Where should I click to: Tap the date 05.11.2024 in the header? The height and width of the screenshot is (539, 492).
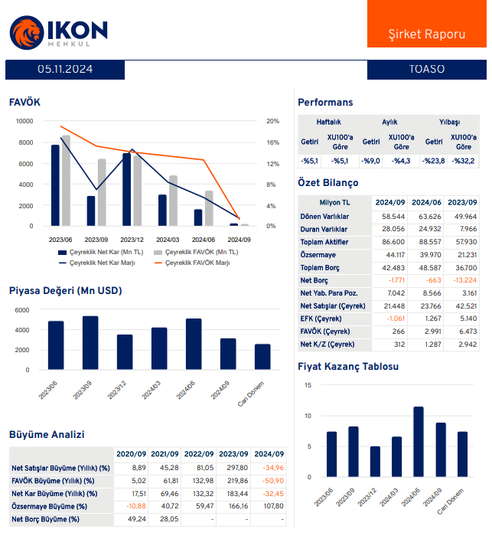coord(65,70)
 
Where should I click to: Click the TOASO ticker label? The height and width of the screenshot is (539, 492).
coord(427,70)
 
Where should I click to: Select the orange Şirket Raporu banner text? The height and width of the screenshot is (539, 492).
coord(427,35)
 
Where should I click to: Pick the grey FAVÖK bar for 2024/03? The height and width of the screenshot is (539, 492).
coord(173,201)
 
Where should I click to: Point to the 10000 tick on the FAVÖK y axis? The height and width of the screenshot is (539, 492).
coord(25,121)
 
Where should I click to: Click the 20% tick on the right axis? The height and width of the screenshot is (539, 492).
coord(272,121)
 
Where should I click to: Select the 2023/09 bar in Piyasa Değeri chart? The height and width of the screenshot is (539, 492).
coord(90,342)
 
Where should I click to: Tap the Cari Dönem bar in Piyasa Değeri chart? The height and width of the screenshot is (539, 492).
coord(262,356)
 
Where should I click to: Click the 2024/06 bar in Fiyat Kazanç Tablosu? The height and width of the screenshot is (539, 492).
coord(419,441)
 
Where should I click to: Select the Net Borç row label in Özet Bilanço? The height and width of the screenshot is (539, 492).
coord(314,281)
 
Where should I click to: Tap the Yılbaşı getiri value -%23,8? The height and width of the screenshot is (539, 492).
coord(434,161)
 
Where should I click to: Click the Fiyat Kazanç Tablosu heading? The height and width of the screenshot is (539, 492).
coord(348,367)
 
